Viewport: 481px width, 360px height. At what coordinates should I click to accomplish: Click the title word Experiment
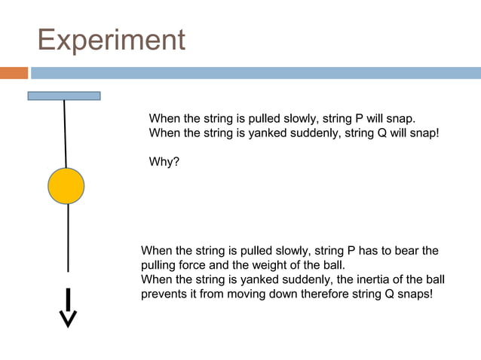click(x=111, y=40)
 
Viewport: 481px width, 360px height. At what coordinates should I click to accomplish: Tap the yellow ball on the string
click(x=66, y=186)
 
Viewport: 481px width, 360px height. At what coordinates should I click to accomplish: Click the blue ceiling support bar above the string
click(x=64, y=96)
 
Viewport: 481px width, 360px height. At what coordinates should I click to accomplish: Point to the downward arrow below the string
click(x=69, y=308)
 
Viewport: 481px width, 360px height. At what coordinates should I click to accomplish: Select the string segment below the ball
click(x=69, y=237)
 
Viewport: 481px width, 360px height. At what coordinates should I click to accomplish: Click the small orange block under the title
click(x=14, y=73)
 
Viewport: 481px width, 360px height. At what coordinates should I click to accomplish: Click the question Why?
click(x=164, y=161)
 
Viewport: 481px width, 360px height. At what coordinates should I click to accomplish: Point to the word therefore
click(x=326, y=294)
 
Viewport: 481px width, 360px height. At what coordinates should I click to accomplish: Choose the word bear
click(x=403, y=251)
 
